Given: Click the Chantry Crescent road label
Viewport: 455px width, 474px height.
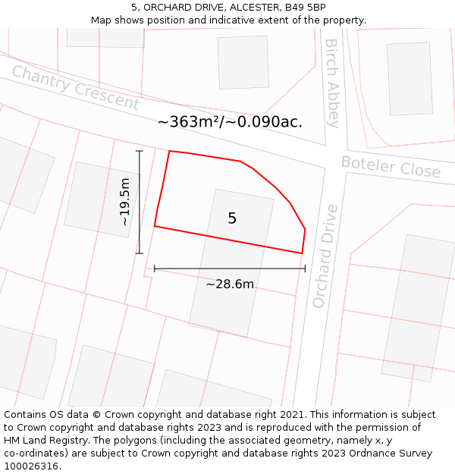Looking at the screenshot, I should [x=76, y=88].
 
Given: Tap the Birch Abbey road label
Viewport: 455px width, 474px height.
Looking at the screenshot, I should [x=333, y=83].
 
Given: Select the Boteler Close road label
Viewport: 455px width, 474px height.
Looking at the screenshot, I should [x=391, y=167].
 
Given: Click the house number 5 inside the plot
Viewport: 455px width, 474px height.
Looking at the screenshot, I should [x=232, y=218].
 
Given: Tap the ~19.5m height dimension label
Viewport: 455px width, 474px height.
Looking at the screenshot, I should [x=125, y=202].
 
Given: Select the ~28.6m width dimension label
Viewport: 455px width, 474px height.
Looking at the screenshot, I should [x=230, y=284].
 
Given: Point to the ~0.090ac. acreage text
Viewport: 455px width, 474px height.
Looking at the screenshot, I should [x=265, y=122].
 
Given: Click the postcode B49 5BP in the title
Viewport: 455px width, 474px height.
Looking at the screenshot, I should [x=306, y=8].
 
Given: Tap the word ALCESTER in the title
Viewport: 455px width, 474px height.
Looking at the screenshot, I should [x=246, y=8].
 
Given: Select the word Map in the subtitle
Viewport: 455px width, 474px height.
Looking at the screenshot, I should [x=101, y=20].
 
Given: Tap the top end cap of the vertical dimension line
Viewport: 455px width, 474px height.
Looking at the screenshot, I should [x=140, y=151].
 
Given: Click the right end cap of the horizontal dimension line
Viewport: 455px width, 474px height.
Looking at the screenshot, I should [x=305, y=268].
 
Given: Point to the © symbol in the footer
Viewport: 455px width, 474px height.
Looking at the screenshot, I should [x=96, y=415].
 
